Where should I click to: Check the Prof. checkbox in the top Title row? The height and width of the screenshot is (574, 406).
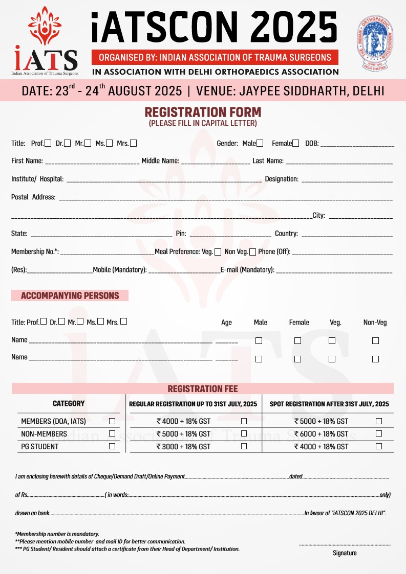point(48,144)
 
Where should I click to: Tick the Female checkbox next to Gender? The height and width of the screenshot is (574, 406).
point(296,144)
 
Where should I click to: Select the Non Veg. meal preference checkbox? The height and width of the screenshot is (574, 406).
point(253,252)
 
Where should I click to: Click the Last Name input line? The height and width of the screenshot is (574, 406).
point(339,162)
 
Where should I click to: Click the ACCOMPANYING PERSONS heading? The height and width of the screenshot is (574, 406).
point(70,295)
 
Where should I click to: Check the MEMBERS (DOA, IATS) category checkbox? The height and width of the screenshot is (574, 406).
point(112,422)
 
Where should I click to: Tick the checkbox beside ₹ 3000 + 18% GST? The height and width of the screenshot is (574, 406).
point(244,446)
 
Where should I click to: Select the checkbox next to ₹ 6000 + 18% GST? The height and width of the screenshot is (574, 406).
point(379,434)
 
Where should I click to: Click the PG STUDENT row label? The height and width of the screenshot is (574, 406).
point(39,447)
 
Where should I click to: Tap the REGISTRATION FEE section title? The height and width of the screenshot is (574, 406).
point(203,389)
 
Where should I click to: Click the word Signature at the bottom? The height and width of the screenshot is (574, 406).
point(345,553)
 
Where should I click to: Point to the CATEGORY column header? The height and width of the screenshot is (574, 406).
point(69,404)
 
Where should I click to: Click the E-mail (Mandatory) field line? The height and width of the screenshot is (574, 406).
point(334,271)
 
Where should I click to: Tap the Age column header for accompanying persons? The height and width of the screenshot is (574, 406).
point(226,323)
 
